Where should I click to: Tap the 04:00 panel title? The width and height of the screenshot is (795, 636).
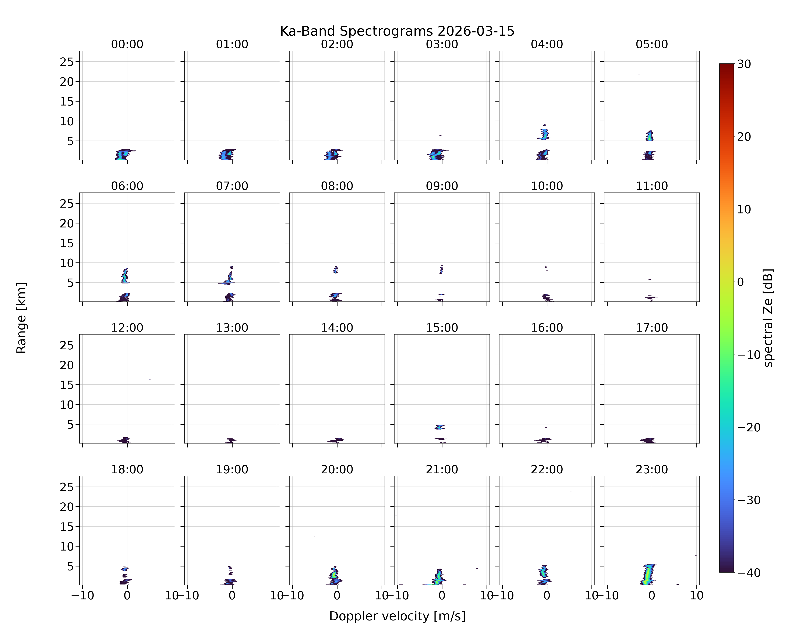pos(547,44)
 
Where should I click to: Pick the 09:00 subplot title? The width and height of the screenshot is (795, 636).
pos(442,186)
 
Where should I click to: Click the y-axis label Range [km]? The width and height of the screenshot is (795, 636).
pos(21,318)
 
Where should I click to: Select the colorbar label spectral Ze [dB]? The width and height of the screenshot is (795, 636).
pos(768,318)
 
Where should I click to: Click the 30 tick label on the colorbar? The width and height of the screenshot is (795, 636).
pos(744,64)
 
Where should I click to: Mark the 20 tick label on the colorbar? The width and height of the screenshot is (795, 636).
pos(744,137)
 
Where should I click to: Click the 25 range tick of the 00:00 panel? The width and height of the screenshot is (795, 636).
pos(67,62)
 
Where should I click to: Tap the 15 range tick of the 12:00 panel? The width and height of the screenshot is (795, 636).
pos(67,385)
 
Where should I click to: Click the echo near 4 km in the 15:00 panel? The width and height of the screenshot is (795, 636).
pos(439,427)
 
